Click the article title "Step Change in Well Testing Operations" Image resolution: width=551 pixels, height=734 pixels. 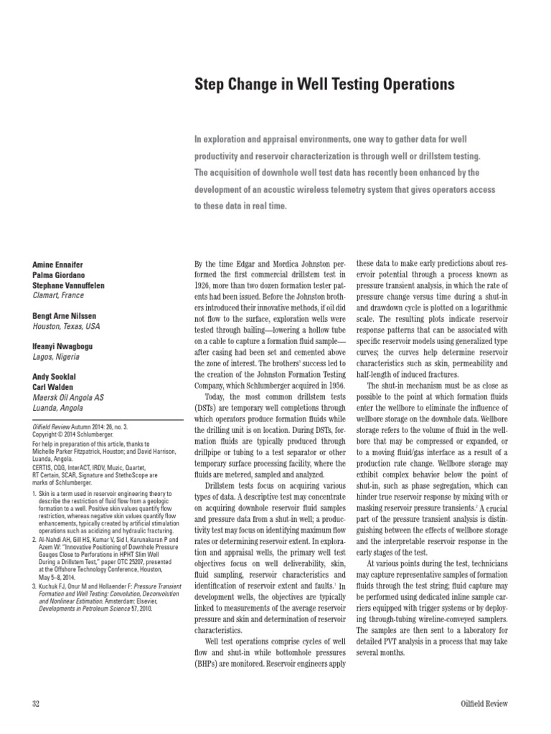[325, 85]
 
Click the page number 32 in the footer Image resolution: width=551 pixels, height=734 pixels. [37, 704]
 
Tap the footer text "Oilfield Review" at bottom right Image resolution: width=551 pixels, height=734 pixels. [484, 704]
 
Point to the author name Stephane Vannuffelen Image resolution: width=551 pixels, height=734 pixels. [68, 285]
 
